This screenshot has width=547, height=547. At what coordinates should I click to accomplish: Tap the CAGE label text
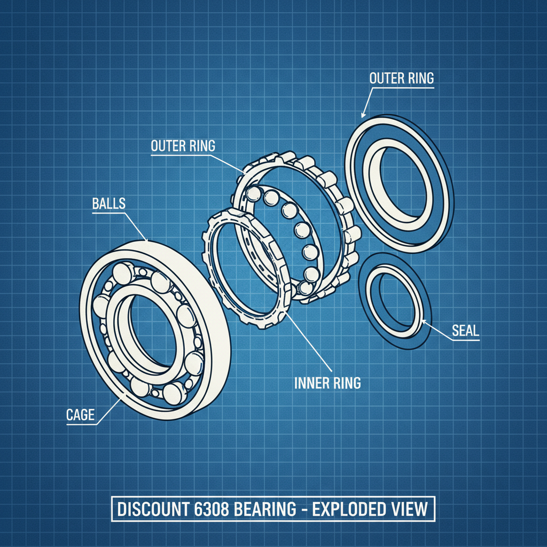[81, 415]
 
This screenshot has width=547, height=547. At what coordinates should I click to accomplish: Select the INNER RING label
[327, 382]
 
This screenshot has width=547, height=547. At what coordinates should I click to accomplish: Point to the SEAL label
[465, 331]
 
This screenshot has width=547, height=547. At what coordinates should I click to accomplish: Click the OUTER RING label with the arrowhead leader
[402, 78]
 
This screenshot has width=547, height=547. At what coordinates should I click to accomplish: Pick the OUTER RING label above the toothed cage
[183, 146]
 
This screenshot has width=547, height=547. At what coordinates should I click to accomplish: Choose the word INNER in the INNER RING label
[311, 382]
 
